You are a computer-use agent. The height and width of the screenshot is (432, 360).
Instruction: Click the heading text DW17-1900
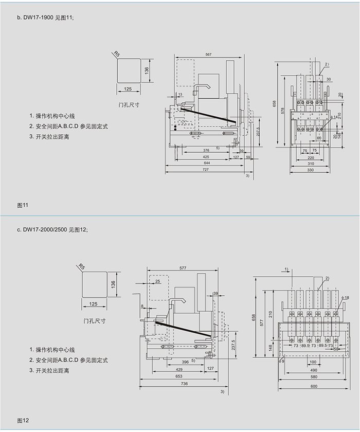pyautogui.click(x=38, y=17)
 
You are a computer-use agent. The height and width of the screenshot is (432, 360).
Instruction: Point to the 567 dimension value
pyautogui.click(x=208, y=55)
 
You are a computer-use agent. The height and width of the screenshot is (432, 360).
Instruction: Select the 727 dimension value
pyautogui.click(x=206, y=170)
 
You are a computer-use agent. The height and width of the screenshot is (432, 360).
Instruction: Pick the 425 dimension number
pyautogui.click(x=206, y=157)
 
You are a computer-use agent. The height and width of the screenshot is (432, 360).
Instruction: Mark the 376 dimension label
pyautogui.click(x=206, y=150)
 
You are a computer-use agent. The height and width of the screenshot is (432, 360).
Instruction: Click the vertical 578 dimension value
pyautogui.click(x=282, y=111)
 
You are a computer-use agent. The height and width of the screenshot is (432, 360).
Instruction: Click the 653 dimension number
pyautogui.click(x=179, y=376)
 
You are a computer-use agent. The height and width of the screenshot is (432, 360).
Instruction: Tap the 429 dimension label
pyautogui.click(x=179, y=369)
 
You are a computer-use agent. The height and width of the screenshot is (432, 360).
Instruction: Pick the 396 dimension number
pyautogui.click(x=178, y=362)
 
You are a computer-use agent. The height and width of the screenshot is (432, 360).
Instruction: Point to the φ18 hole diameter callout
pyautogui.click(x=346, y=298)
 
